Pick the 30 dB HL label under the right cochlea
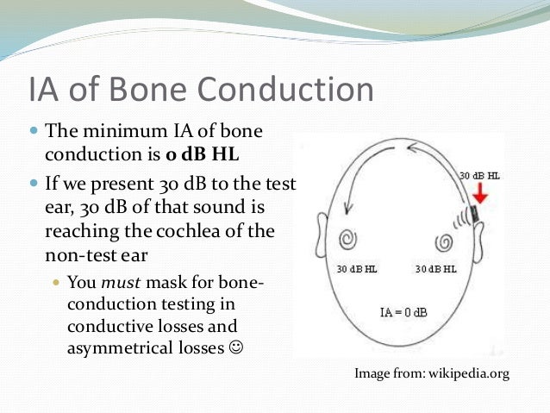[x=435, y=269]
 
